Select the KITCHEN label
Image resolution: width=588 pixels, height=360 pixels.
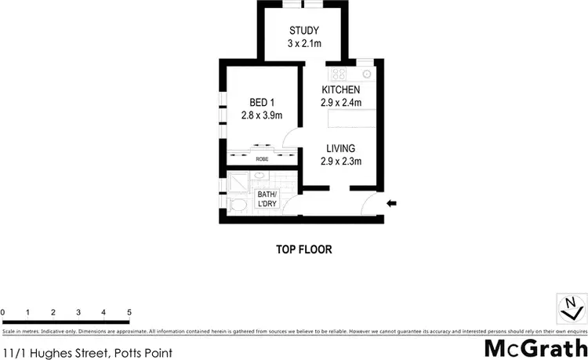tap(340, 90)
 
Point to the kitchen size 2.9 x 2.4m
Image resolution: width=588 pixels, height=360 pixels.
tap(340, 103)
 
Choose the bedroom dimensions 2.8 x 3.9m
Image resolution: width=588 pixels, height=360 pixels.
tap(261, 116)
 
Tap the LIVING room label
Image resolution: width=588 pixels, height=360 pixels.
tap(340, 148)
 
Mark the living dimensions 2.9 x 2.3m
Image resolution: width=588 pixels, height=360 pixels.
tap(340, 162)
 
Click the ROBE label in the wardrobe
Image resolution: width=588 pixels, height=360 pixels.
tap(261, 158)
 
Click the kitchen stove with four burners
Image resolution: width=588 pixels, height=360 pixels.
tap(339, 75)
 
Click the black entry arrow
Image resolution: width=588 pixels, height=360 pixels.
tap(392, 205)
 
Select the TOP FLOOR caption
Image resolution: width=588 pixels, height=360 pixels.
tap(303, 250)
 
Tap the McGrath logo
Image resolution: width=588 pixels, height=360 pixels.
tap(536, 347)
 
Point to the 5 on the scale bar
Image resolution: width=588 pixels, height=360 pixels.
tap(129, 313)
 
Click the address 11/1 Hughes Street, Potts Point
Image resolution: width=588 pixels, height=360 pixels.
tap(65, 353)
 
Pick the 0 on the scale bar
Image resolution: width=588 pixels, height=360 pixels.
tap(3, 313)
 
